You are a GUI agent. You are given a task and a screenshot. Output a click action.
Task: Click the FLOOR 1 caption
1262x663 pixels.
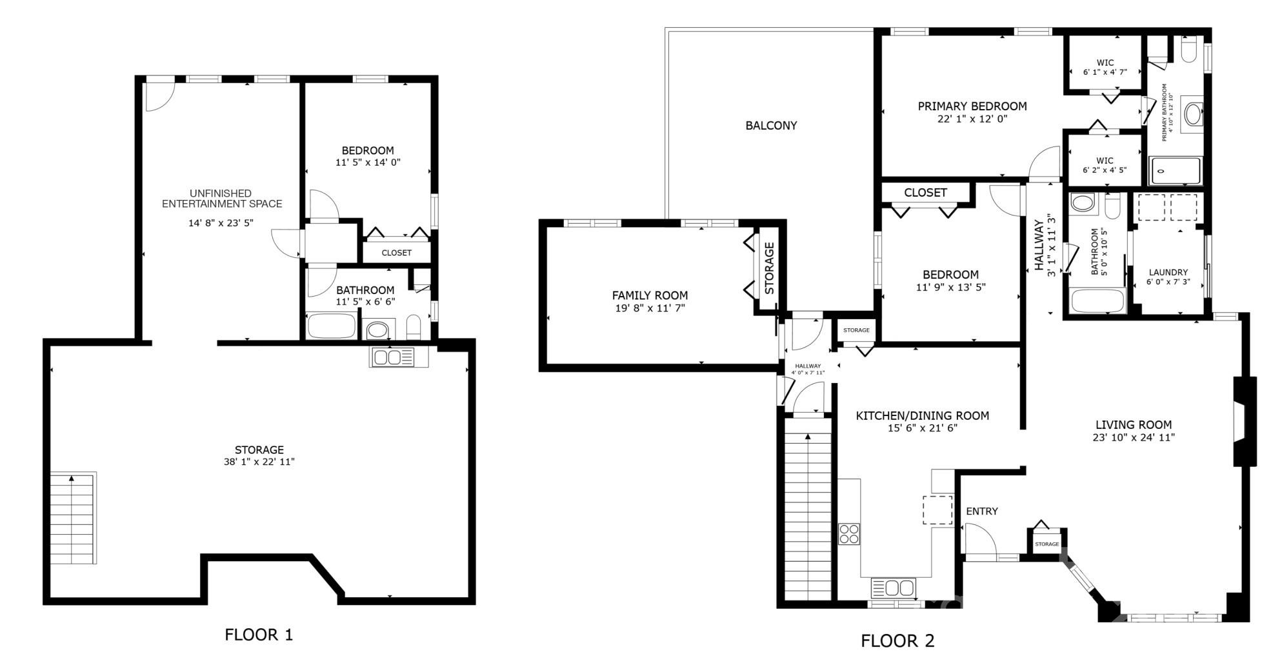click(259, 635)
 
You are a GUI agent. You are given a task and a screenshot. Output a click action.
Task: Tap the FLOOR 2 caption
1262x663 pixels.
click(897, 641)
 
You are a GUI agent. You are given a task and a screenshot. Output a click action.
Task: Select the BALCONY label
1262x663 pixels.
click(771, 126)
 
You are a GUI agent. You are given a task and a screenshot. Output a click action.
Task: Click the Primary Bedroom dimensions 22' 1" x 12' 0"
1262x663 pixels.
click(972, 119)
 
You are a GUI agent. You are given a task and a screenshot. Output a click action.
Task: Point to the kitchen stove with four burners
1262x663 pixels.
click(849, 535)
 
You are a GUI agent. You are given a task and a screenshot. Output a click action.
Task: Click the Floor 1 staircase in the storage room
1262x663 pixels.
click(73, 519)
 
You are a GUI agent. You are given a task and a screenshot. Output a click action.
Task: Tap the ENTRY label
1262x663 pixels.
click(982, 511)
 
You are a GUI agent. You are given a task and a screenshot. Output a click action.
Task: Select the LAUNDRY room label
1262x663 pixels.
click(1168, 273)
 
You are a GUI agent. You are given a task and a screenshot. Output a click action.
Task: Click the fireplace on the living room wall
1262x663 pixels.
click(1242, 421)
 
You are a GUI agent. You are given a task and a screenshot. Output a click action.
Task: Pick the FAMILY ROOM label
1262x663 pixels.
click(650, 296)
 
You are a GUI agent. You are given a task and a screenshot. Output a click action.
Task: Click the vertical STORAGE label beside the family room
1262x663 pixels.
click(770, 268)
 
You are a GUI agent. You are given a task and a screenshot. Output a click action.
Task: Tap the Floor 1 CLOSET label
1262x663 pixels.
click(396, 253)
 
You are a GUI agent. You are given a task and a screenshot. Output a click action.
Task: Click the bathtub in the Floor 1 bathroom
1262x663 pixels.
click(332, 326)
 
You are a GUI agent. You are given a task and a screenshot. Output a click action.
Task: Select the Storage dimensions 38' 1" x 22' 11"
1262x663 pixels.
click(259, 462)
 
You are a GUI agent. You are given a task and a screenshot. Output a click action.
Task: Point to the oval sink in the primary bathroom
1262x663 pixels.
click(1192, 115)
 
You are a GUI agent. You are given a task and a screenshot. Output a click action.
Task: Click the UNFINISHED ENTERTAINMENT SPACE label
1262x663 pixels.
click(222, 199)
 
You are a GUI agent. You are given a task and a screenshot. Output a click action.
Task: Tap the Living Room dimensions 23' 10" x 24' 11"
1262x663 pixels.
click(1133, 437)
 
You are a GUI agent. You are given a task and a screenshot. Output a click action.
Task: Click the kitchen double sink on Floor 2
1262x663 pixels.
click(893, 588)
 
